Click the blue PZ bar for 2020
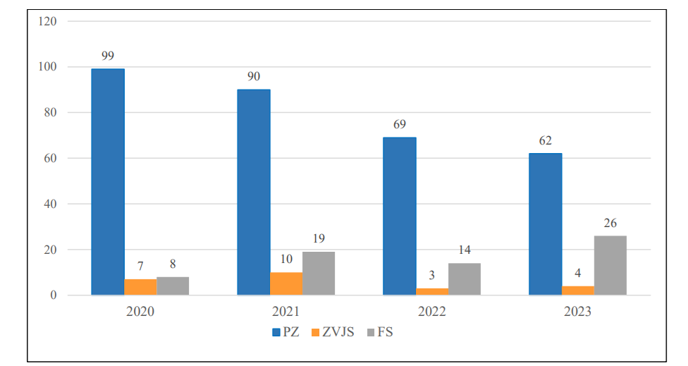[108, 181]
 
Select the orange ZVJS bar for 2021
[286, 283]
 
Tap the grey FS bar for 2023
[610, 265]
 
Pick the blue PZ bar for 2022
[400, 216]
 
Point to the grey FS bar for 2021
[319, 273]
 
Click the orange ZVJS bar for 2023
[578, 291]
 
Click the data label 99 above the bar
[108, 56]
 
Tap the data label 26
[610, 223]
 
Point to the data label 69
[400, 124]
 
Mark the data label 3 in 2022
[432, 275]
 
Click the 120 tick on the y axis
[48, 21]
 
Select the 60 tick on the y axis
[51, 158]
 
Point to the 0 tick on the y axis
[54, 295]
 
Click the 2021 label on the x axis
[286, 311]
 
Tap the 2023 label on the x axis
[578, 311]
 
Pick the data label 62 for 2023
[546, 140]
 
